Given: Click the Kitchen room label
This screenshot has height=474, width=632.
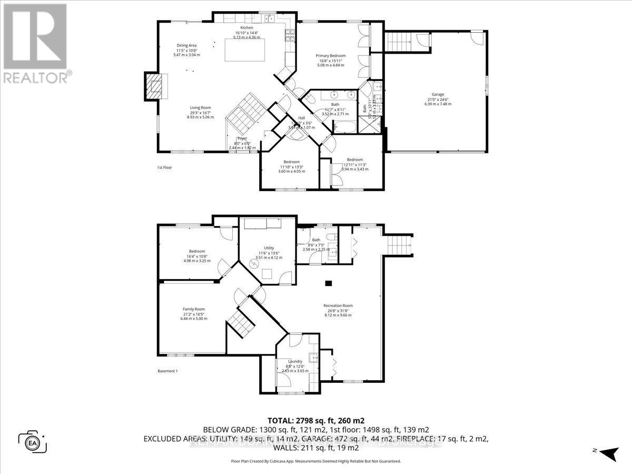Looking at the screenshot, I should (x=247, y=27).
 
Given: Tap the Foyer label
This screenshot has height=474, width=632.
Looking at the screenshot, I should (x=242, y=139).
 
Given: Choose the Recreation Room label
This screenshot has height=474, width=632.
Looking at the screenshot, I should (x=338, y=305).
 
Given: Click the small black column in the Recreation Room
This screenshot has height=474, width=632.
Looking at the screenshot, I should (x=329, y=283).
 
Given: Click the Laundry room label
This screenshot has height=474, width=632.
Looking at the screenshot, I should (x=295, y=361).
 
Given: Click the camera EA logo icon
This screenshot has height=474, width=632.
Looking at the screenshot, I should (x=33, y=440).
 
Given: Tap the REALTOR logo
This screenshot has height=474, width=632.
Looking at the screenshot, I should (x=35, y=42).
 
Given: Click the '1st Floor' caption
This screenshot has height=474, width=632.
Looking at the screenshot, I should (x=165, y=167).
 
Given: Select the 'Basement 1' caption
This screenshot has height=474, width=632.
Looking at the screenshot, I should (x=168, y=371).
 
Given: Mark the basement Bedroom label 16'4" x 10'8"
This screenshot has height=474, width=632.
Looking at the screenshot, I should (x=197, y=251).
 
